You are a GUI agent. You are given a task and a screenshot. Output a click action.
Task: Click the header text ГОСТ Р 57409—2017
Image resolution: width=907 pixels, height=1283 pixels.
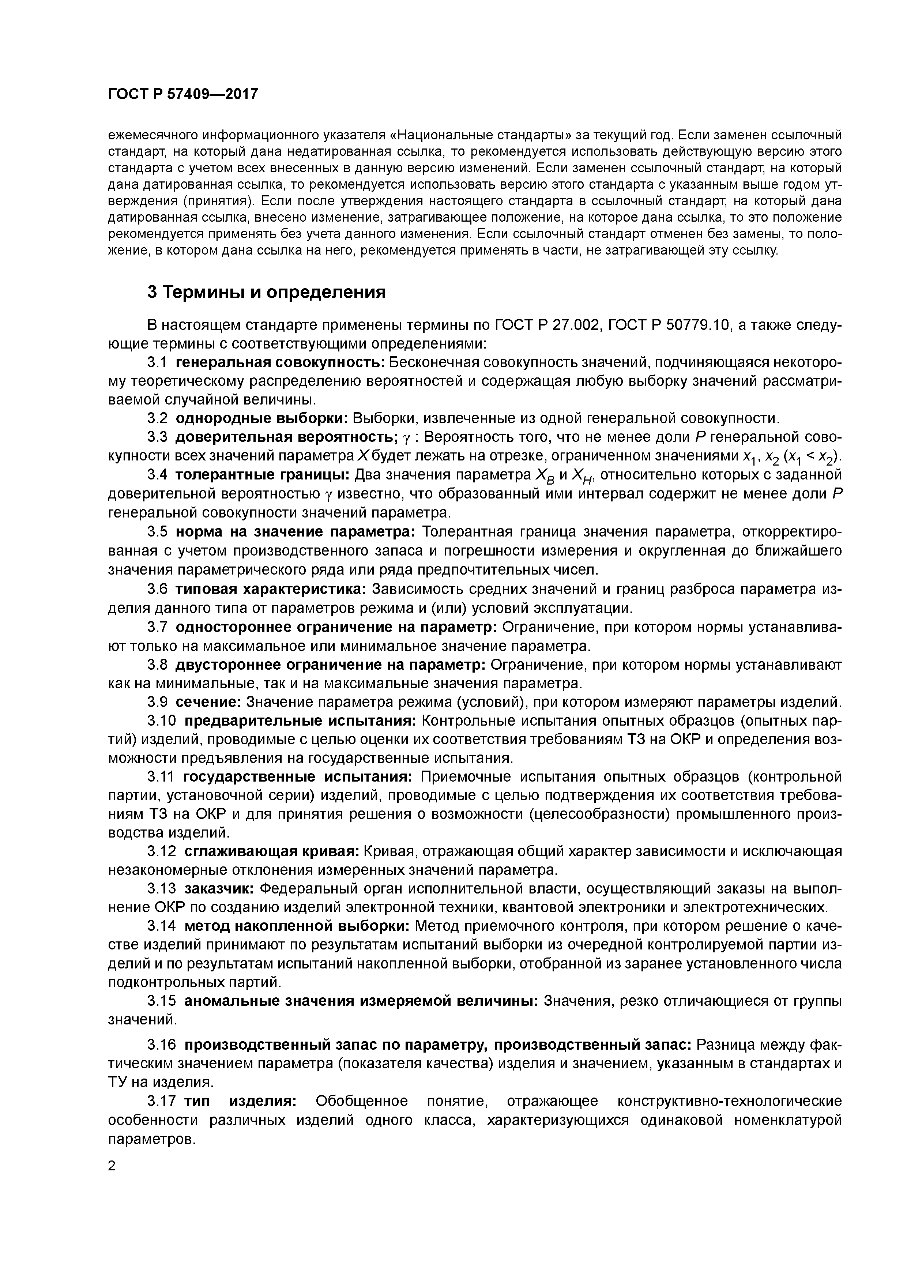tap(183, 94)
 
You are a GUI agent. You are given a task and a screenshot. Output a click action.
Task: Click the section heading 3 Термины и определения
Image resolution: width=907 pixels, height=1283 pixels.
tap(267, 292)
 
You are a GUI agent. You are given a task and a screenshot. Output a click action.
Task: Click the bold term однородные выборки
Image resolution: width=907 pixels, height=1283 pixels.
tap(261, 418)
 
